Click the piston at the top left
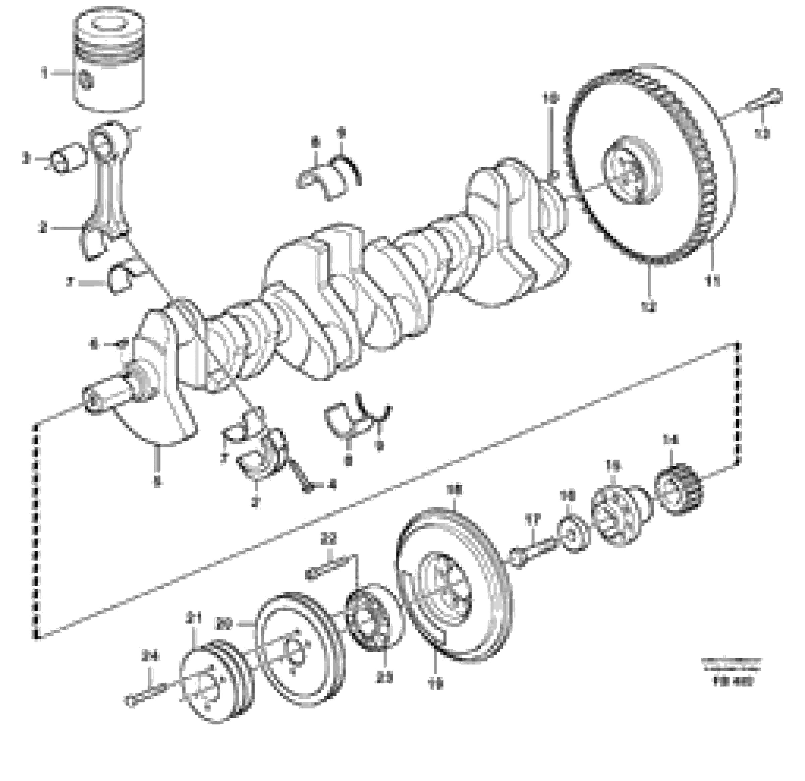[109, 62]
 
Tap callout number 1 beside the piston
[44, 74]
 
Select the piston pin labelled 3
[66, 158]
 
